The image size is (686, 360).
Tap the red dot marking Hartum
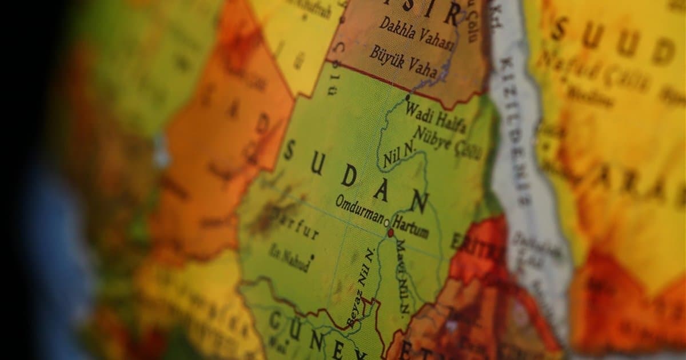point(391,233)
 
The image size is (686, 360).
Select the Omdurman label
point(360,209)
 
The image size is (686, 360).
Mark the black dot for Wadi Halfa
point(407,98)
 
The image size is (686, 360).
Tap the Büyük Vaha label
point(403,62)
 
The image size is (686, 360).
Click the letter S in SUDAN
point(289,151)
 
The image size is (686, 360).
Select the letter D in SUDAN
point(348,176)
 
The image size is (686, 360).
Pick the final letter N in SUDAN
point(420,201)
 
